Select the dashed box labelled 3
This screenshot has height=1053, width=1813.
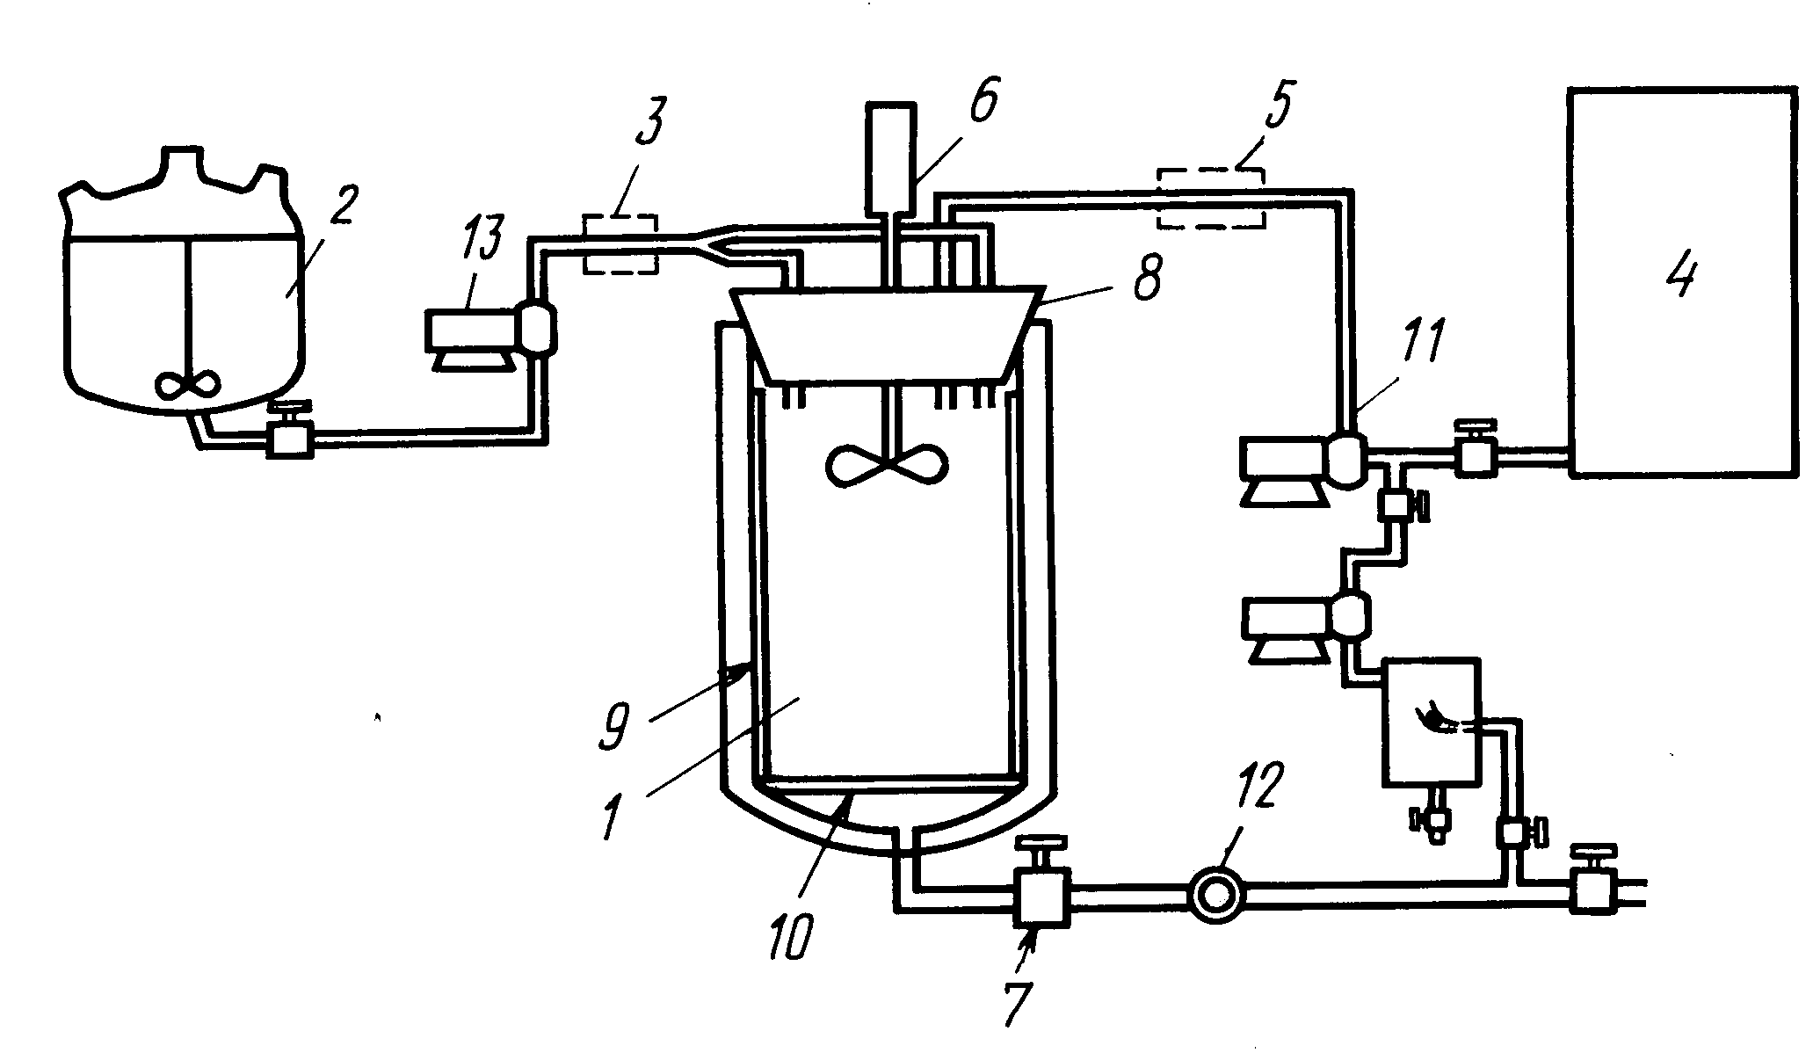620,243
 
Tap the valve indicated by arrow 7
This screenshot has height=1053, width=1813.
1041,893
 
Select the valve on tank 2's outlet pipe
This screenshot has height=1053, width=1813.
289,436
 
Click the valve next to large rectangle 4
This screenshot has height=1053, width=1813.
1476,455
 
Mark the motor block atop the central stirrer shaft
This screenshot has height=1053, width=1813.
890,158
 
